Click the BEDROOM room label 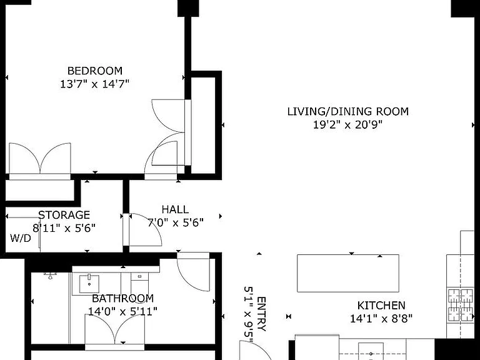[x=95, y=71]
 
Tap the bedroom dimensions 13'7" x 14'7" [x=94, y=84]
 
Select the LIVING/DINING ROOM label [x=347, y=111]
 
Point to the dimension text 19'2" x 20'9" [x=347, y=124]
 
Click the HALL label [x=175, y=209]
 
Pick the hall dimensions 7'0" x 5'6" [x=176, y=222]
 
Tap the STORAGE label [x=64, y=215]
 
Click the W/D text [x=21, y=238]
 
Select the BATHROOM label [x=122, y=298]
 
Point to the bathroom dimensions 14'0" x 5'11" [x=122, y=311]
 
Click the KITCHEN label [x=381, y=305]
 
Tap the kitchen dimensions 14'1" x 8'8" [x=381, y=318]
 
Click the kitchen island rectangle [x=348, y=273]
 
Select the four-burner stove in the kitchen [x=461, y=305]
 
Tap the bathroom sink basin [x=89, y=284]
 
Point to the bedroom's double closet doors [x=40, y=159]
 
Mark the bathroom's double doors [x=115, y=329]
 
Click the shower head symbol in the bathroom [x=51, y=275]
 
